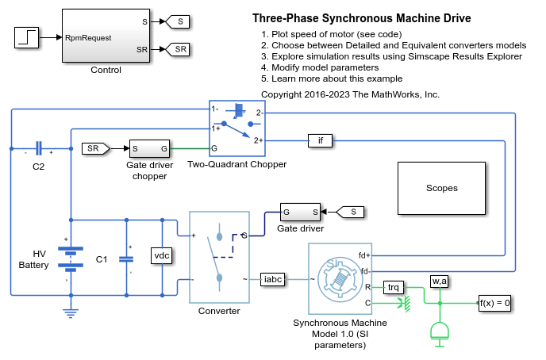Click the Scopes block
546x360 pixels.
441,188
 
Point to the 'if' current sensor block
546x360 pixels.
320,141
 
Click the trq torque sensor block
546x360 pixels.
394,287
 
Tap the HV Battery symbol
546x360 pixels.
71,257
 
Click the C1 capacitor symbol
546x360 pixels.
125,259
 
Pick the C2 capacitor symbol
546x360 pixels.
38,148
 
